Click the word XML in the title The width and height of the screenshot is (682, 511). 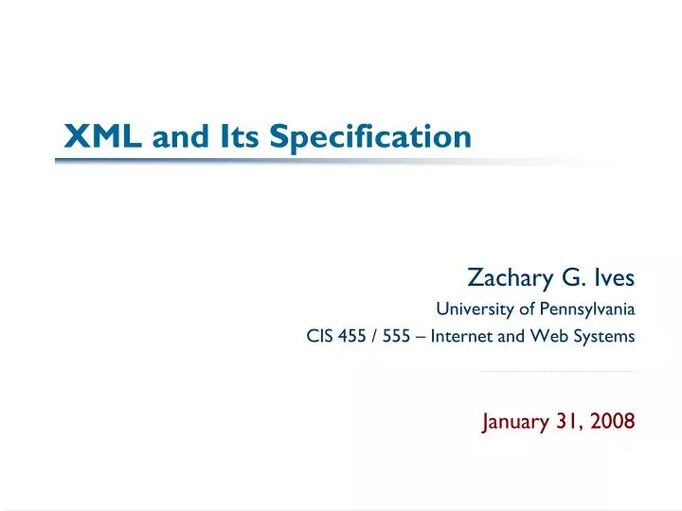[x=103, y=137]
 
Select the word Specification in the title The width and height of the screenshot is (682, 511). [x=370, y=137]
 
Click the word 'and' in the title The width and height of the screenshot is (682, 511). [x=184, y=138]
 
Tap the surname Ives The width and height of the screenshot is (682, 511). [x=614, y=278]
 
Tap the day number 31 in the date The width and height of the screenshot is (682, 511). [x=568, y=422]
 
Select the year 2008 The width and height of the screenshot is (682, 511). [x=614, y=422]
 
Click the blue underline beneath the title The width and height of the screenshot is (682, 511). [x=284, y=160]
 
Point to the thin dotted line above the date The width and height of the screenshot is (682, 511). [x=559, y=372]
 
